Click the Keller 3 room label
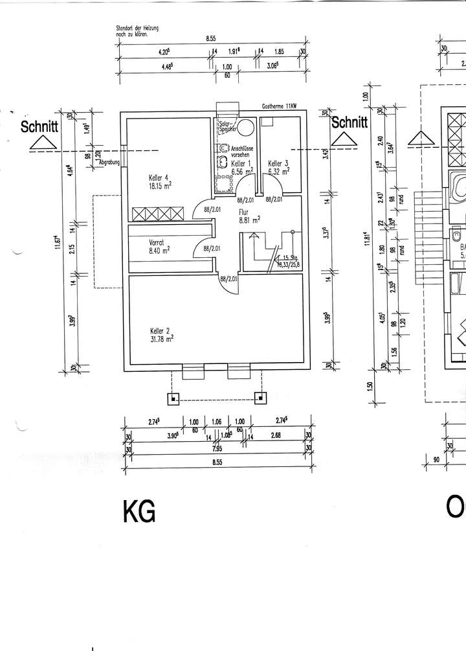tap(278, 163)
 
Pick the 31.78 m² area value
tap(161, 337)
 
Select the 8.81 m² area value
tap(249, 220)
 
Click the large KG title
tap(139, 512)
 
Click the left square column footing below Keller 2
tap(173, 398)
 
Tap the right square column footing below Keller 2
tap(261, 398)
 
